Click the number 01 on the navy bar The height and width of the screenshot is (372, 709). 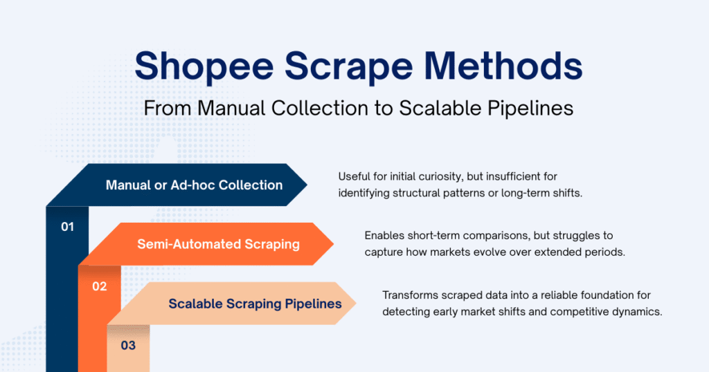pyautogui.click(x=67, y=227)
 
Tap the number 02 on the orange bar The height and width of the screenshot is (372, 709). pyautogui.click(x=99, y=286)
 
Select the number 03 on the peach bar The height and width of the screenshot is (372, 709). pyautogui.click(x=128, y=345)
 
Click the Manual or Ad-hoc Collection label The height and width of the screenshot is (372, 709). pyautogui.click(x=194, y=185)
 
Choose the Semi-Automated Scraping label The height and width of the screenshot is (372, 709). pyautogui.click(x=218, y=244)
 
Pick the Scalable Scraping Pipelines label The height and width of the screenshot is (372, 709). pyautogui.click(x=255, y=304)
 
